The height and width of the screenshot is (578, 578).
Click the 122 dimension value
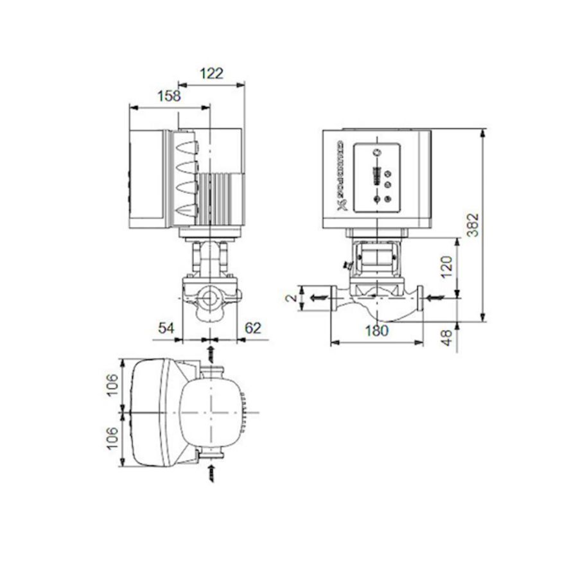tap(211, 73)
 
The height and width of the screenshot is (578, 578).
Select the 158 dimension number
tap(169, 96)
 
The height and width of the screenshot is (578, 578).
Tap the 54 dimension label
tap(167, 328)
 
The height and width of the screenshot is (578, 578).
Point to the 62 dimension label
tap(254, 328)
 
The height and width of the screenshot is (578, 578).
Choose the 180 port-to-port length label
tap(377, 331)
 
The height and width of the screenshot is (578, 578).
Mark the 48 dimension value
tap(448, 337)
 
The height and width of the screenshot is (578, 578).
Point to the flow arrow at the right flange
tap(435, 298)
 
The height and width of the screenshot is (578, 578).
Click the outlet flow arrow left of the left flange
tap(315, 298)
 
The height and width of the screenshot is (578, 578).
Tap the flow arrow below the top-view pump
tap(211, 473)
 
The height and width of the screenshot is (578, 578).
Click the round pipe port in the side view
tap(209, 299)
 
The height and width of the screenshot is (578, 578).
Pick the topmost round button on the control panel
tap(378, 152)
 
